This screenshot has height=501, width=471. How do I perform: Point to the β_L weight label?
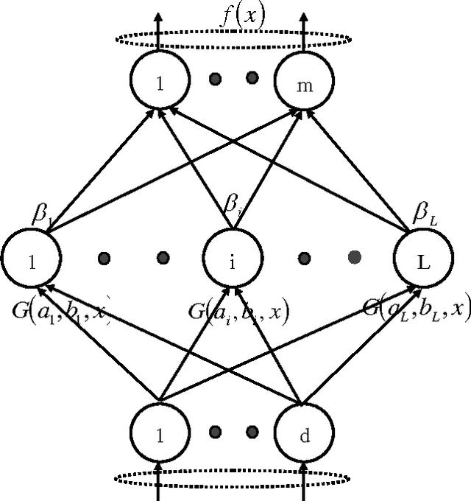pos(425,214)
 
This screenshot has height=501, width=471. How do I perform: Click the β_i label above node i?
pos(234,214)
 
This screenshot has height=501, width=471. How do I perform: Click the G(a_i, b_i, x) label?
pos(238,312)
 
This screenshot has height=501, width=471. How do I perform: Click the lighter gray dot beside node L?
pos(354,257)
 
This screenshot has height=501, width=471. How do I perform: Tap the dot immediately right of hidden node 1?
pos(104,258)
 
